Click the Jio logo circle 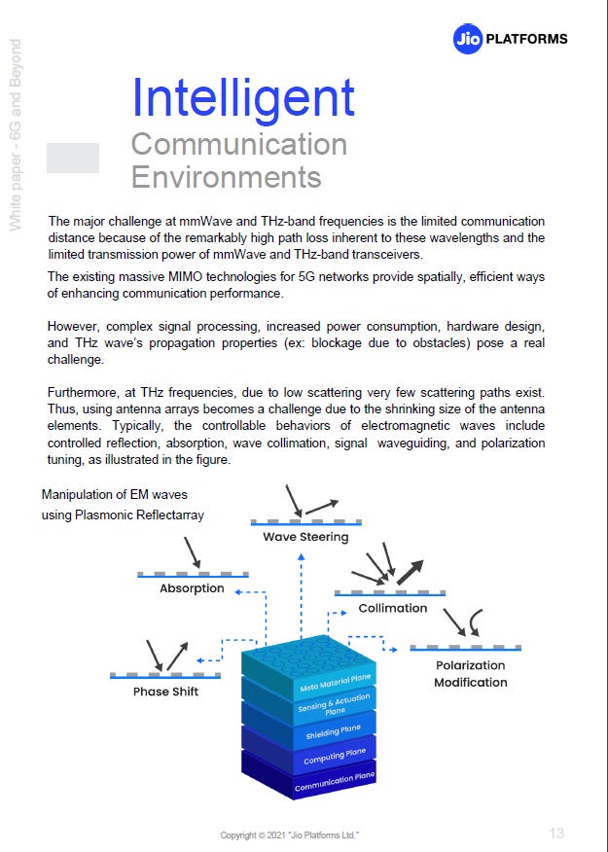tap(468, 39)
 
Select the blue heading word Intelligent tap(243, 97)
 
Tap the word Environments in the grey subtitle tap(226, 177)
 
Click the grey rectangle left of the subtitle tap(73, 158)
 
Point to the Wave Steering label tap(305, 537)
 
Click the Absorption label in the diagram tap(192, 588)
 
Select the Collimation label tap(392, 608)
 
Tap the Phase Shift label tap(164, 692)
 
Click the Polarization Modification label tap(470, 673)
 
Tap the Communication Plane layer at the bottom tap(336, 780)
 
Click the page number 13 tap(556, 833)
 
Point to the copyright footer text tap(291, 835)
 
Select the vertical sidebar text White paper tap(16, 136)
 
